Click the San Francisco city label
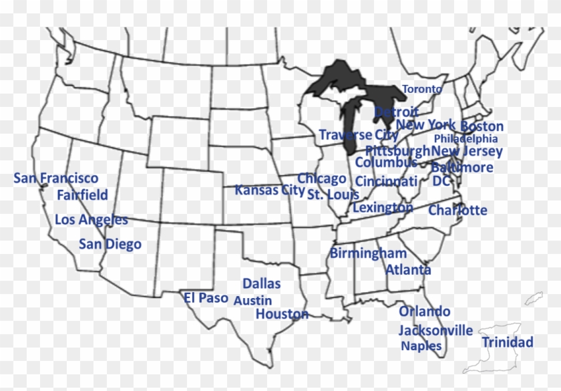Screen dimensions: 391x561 [x=56, y=178]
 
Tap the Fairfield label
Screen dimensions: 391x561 [x=82, y=195]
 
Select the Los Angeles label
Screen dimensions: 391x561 [x=91, y=219]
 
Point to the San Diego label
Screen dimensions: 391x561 [x=110, y=244]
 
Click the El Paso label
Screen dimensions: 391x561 [x=206, y=298]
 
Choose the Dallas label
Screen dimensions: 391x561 [x=261, y=284]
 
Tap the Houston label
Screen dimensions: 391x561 [x=282, y=314]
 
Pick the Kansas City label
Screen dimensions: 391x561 [x=270, y=190]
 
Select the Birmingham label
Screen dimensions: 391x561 [x=368, y=253]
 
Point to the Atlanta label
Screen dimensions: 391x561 [x=408, y=270]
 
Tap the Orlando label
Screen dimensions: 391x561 [x=425, y=311]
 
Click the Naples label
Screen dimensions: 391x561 [x=421, y=346]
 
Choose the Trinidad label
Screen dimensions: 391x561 [x=508, y=342]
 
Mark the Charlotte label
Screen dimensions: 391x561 [x=457, y=210]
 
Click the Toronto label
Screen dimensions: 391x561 [x=422, y=89]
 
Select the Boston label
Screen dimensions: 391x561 [x=482, y=126]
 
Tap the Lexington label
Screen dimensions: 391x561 [x=383, y=208]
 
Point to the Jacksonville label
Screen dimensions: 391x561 [x=435, y=330]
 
